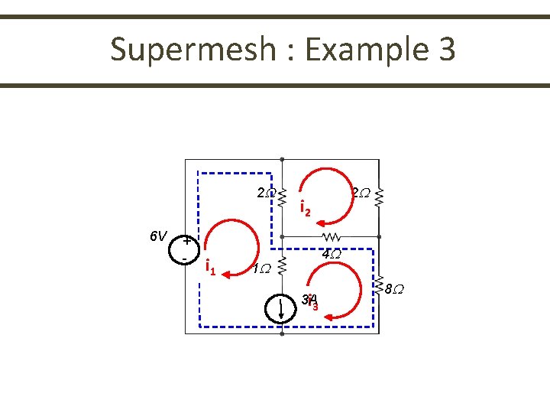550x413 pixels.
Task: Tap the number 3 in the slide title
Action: [x=446, y=50]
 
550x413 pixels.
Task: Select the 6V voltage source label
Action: [x=158, y=236]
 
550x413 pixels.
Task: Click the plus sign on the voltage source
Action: [x=186, y=242]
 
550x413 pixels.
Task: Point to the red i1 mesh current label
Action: [x=210, y=267]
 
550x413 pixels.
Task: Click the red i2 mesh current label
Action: [x=305, y=208]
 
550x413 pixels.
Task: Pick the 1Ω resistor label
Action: [x=261, y=268]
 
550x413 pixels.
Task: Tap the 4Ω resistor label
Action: [x=331, y=254]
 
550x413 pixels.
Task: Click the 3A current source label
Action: [x=309, y=300]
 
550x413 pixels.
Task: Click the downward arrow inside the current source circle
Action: [x=282, y=308]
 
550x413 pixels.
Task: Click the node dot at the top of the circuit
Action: [x=282, y=160]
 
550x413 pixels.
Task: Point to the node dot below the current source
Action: [x=282, y=333]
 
